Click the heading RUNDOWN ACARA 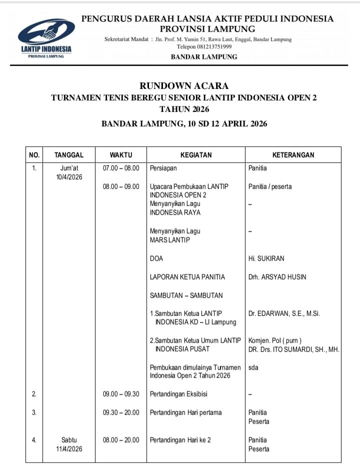184,86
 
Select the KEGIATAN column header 196,155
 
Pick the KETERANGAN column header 293,155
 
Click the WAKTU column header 121,155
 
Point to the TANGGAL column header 69,155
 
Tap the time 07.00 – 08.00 121,168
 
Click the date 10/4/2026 69,177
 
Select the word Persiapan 163,168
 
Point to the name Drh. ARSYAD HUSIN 277,277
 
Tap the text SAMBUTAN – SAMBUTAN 186,295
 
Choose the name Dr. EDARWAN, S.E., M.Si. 284,313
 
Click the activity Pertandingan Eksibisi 178,394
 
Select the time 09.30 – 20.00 121,412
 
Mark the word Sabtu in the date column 69,440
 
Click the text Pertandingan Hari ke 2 180,440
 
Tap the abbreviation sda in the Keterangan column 253,367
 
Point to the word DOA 156,258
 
